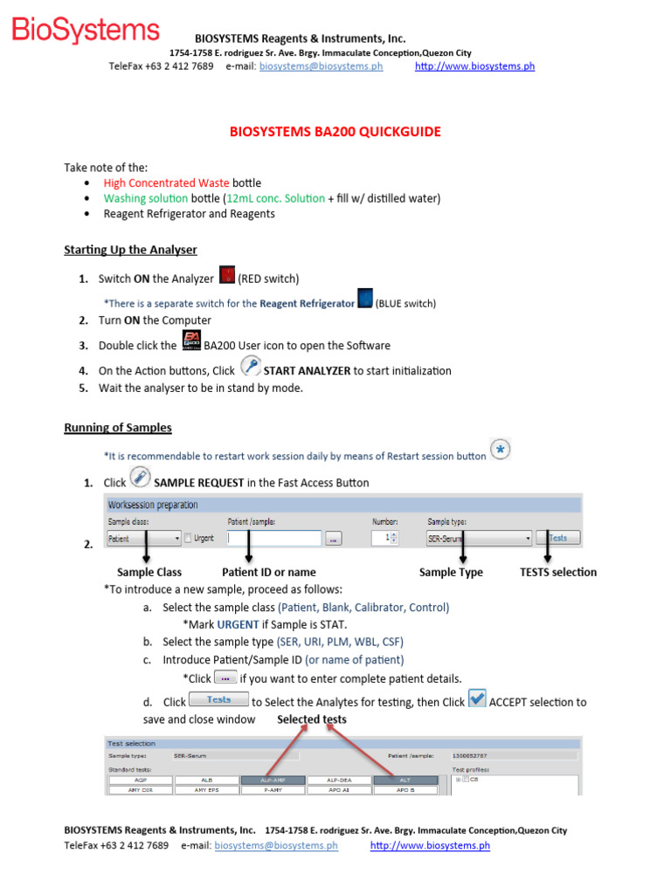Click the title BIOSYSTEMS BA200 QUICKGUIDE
[335, 132]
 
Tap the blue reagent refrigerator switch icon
[365, 299]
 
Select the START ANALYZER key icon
[249, 368]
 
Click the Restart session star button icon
[501, 450]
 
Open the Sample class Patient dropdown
[143, 539]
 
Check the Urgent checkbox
[188, 539]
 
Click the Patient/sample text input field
[271, 540]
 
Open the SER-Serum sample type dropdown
[479, 540]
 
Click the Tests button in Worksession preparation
[557, 539]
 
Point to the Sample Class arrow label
[149, 573]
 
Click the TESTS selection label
[558, 573]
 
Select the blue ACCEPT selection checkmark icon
[477, 699]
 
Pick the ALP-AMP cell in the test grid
[272, 780]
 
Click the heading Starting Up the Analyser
[130, 250]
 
